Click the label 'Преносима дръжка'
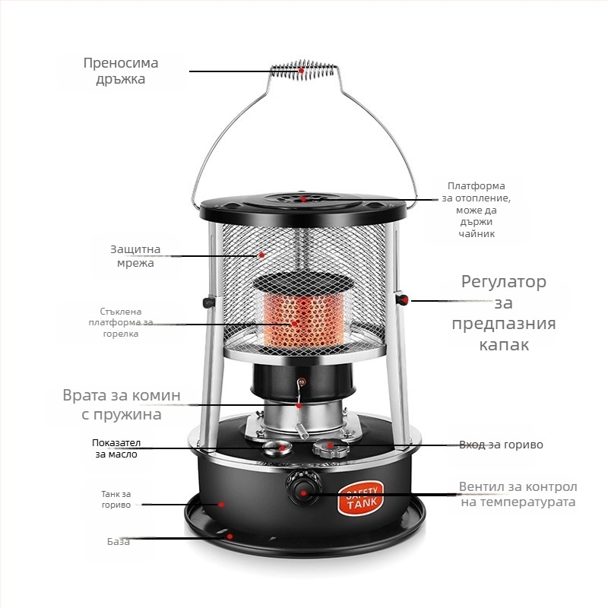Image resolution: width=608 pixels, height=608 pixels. [121, 71]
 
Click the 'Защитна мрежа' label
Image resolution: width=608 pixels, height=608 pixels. [135, 256]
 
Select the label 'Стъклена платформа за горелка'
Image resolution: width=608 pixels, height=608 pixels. [121, 322]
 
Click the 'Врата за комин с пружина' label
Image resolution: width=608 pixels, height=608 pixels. [122, 404]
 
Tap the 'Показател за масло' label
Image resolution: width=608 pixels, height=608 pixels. [116, 448]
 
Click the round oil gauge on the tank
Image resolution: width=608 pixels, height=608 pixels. [277, 448]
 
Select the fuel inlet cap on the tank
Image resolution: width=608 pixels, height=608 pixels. [331, 447]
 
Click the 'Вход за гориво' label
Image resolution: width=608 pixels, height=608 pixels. [501, 445]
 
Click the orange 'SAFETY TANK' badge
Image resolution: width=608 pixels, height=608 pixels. [360, 498]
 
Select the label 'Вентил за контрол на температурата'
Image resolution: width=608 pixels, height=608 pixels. [518, 494]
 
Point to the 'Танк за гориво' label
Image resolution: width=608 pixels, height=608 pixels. [116, 499]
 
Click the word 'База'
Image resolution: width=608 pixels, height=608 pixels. [119, 541]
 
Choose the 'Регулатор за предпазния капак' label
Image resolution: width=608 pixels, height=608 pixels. [504, 312]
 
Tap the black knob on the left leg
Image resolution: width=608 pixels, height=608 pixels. [208, 302]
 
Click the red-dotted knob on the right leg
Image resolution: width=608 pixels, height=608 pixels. [402, 299]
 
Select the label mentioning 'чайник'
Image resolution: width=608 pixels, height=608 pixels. [477, 210]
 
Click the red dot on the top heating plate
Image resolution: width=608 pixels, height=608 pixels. [304, 199]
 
